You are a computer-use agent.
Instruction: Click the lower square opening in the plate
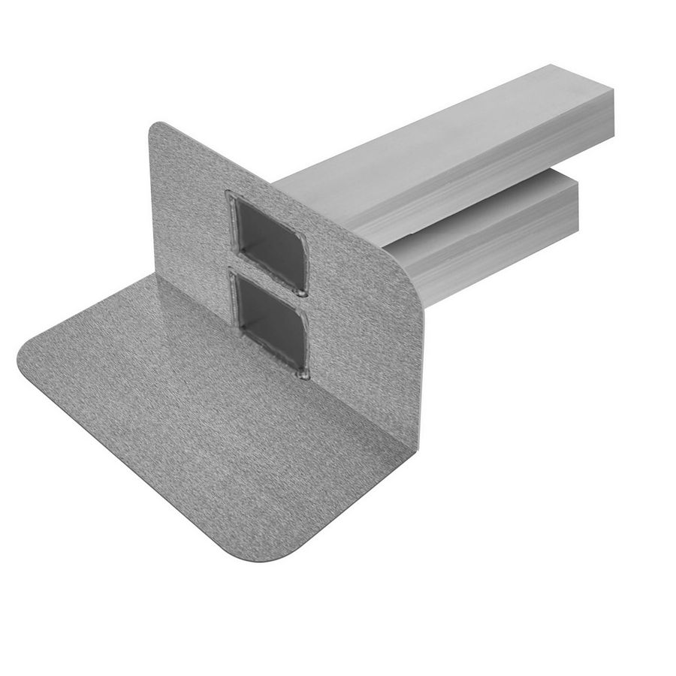coord(271,323)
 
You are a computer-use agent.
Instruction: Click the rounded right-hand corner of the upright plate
coord(412,289)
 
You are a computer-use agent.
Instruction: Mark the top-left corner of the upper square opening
coord(232,197)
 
